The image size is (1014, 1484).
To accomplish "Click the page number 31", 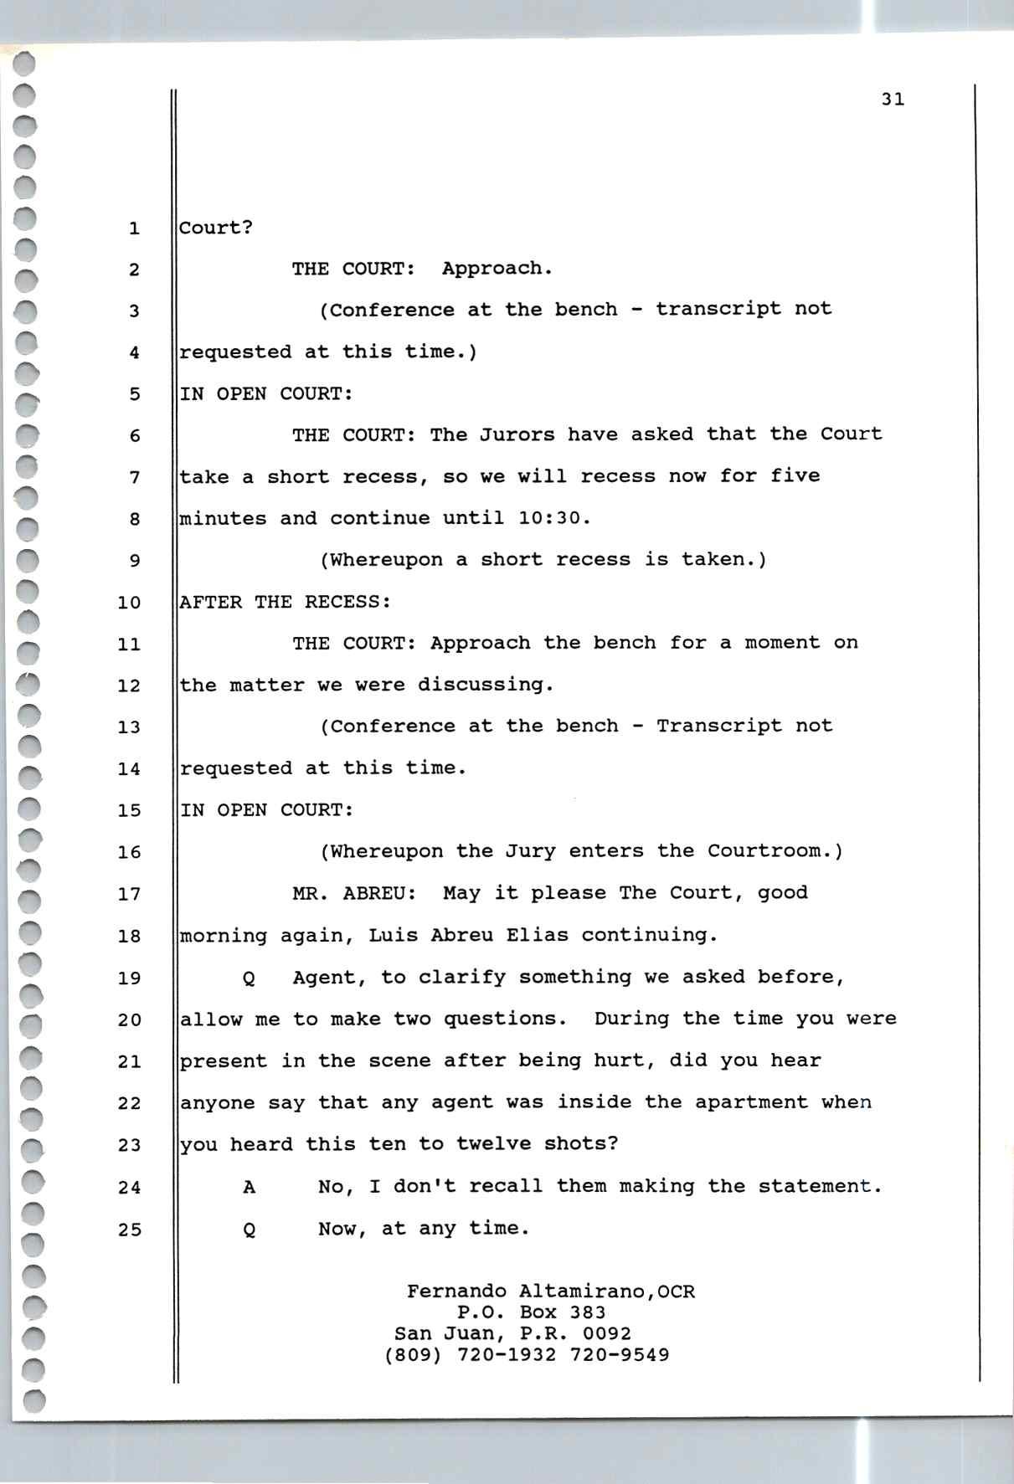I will [893, 100].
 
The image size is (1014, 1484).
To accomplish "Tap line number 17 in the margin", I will [130, 895].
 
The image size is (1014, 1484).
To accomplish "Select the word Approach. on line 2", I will [497, 269].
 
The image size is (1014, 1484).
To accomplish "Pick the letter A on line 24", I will [249, 1187].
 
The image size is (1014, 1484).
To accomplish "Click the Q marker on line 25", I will [249, 1230].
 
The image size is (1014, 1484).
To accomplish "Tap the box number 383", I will [587, 1312].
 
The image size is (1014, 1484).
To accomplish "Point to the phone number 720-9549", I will [620, 1355].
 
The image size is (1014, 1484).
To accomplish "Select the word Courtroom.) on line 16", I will [775, 851].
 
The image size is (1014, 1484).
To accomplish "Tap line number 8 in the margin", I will [135, 520].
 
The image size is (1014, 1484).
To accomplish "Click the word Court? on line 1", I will [216, 228].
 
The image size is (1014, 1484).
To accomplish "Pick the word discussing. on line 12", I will [486, 685].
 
